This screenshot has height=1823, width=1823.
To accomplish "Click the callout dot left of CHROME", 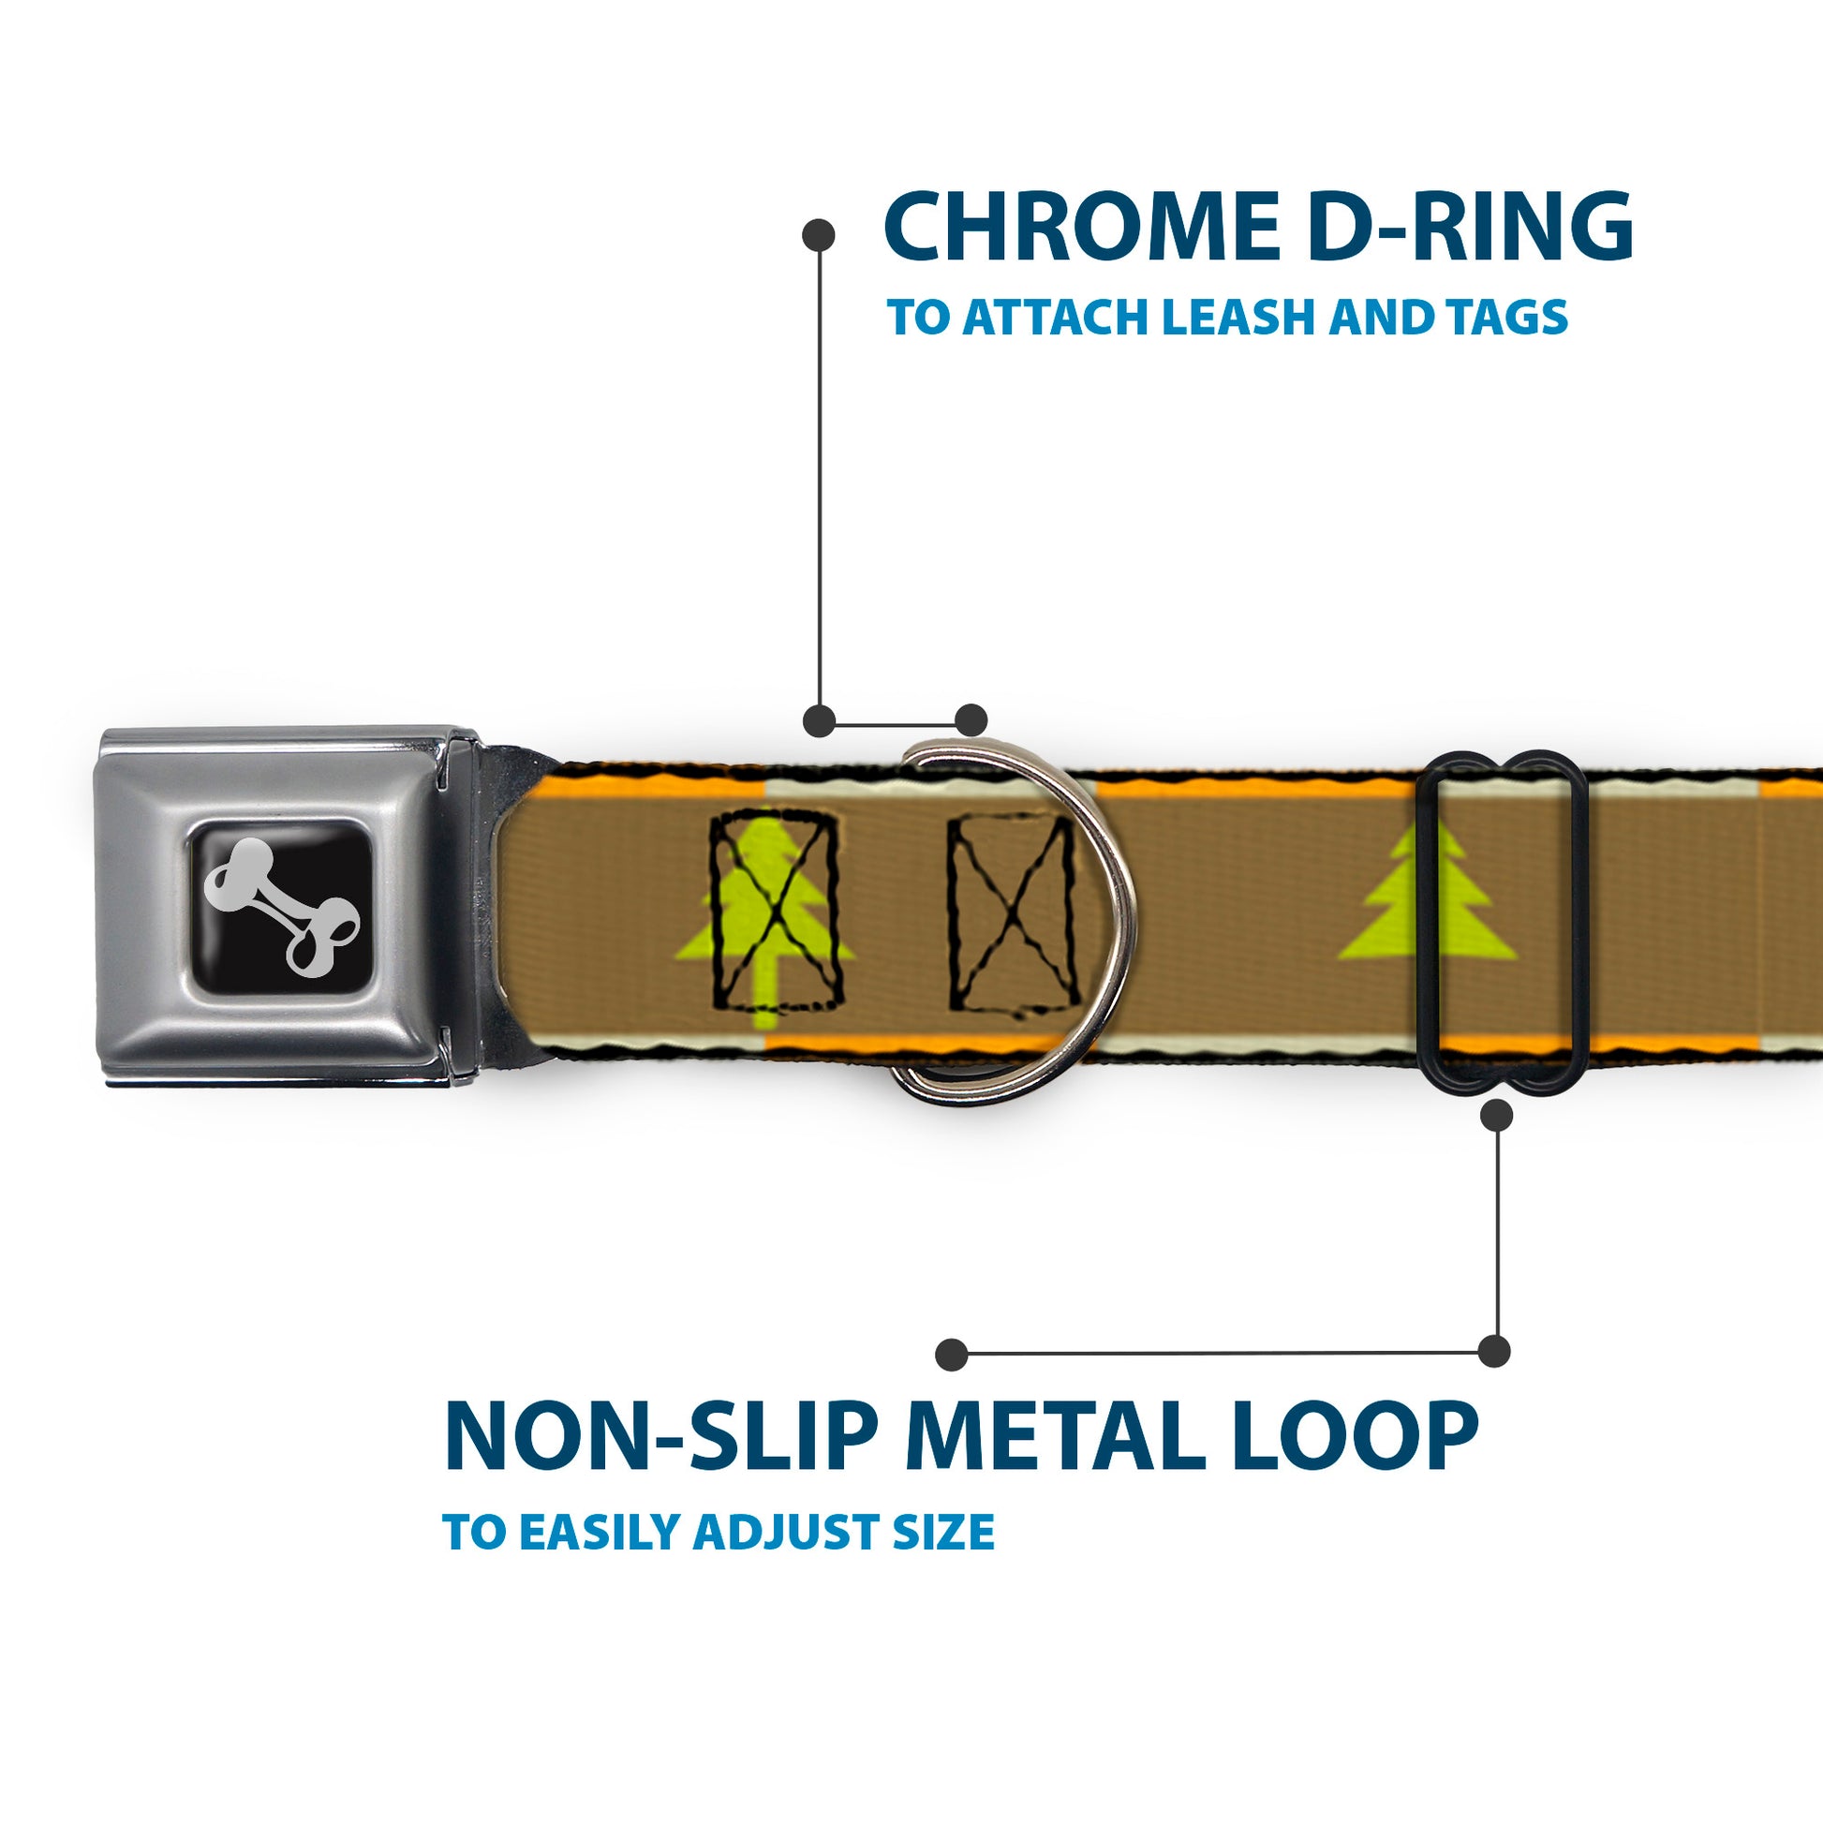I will tap(818, 235).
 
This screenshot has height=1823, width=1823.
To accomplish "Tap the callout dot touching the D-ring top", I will tap(971, 720).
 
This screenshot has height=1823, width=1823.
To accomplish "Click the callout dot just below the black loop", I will tap(1496, 1117).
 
